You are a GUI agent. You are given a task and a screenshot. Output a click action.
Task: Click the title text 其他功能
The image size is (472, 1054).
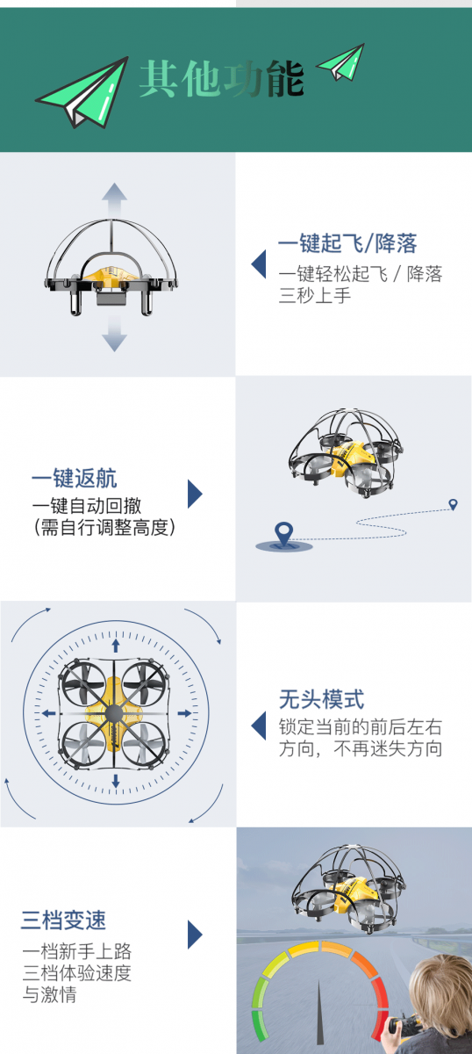coord(221,78)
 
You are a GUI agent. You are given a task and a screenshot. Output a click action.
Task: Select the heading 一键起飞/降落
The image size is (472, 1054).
coord(347,243)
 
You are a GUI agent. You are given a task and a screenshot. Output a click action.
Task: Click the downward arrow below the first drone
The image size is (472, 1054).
coord(114,334)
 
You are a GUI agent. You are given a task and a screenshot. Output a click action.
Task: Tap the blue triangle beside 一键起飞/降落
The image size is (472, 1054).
coord(259,264)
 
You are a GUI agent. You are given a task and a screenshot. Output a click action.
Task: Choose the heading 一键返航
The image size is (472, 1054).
coord(75,479)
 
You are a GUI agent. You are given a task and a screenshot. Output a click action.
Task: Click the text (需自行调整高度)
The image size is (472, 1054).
coord(104,528)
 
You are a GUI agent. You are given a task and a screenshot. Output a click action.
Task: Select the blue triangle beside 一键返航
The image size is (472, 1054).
coord(195,494)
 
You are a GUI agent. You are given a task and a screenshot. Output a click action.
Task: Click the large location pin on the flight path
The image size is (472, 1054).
coord(284,534)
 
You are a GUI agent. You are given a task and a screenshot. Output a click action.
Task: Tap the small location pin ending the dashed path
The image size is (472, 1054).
coord(454,504)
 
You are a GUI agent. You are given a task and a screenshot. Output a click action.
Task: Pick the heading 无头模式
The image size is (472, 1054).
coord(322,699)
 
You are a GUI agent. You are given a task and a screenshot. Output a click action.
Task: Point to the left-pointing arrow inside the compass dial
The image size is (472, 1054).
coord(48,714)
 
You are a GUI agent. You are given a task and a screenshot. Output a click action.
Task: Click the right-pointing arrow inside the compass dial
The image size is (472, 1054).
coord(185,714)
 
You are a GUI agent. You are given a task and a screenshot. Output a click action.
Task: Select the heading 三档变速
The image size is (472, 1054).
coord(63,920)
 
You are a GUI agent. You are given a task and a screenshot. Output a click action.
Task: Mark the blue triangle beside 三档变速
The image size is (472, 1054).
coord(195,935)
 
